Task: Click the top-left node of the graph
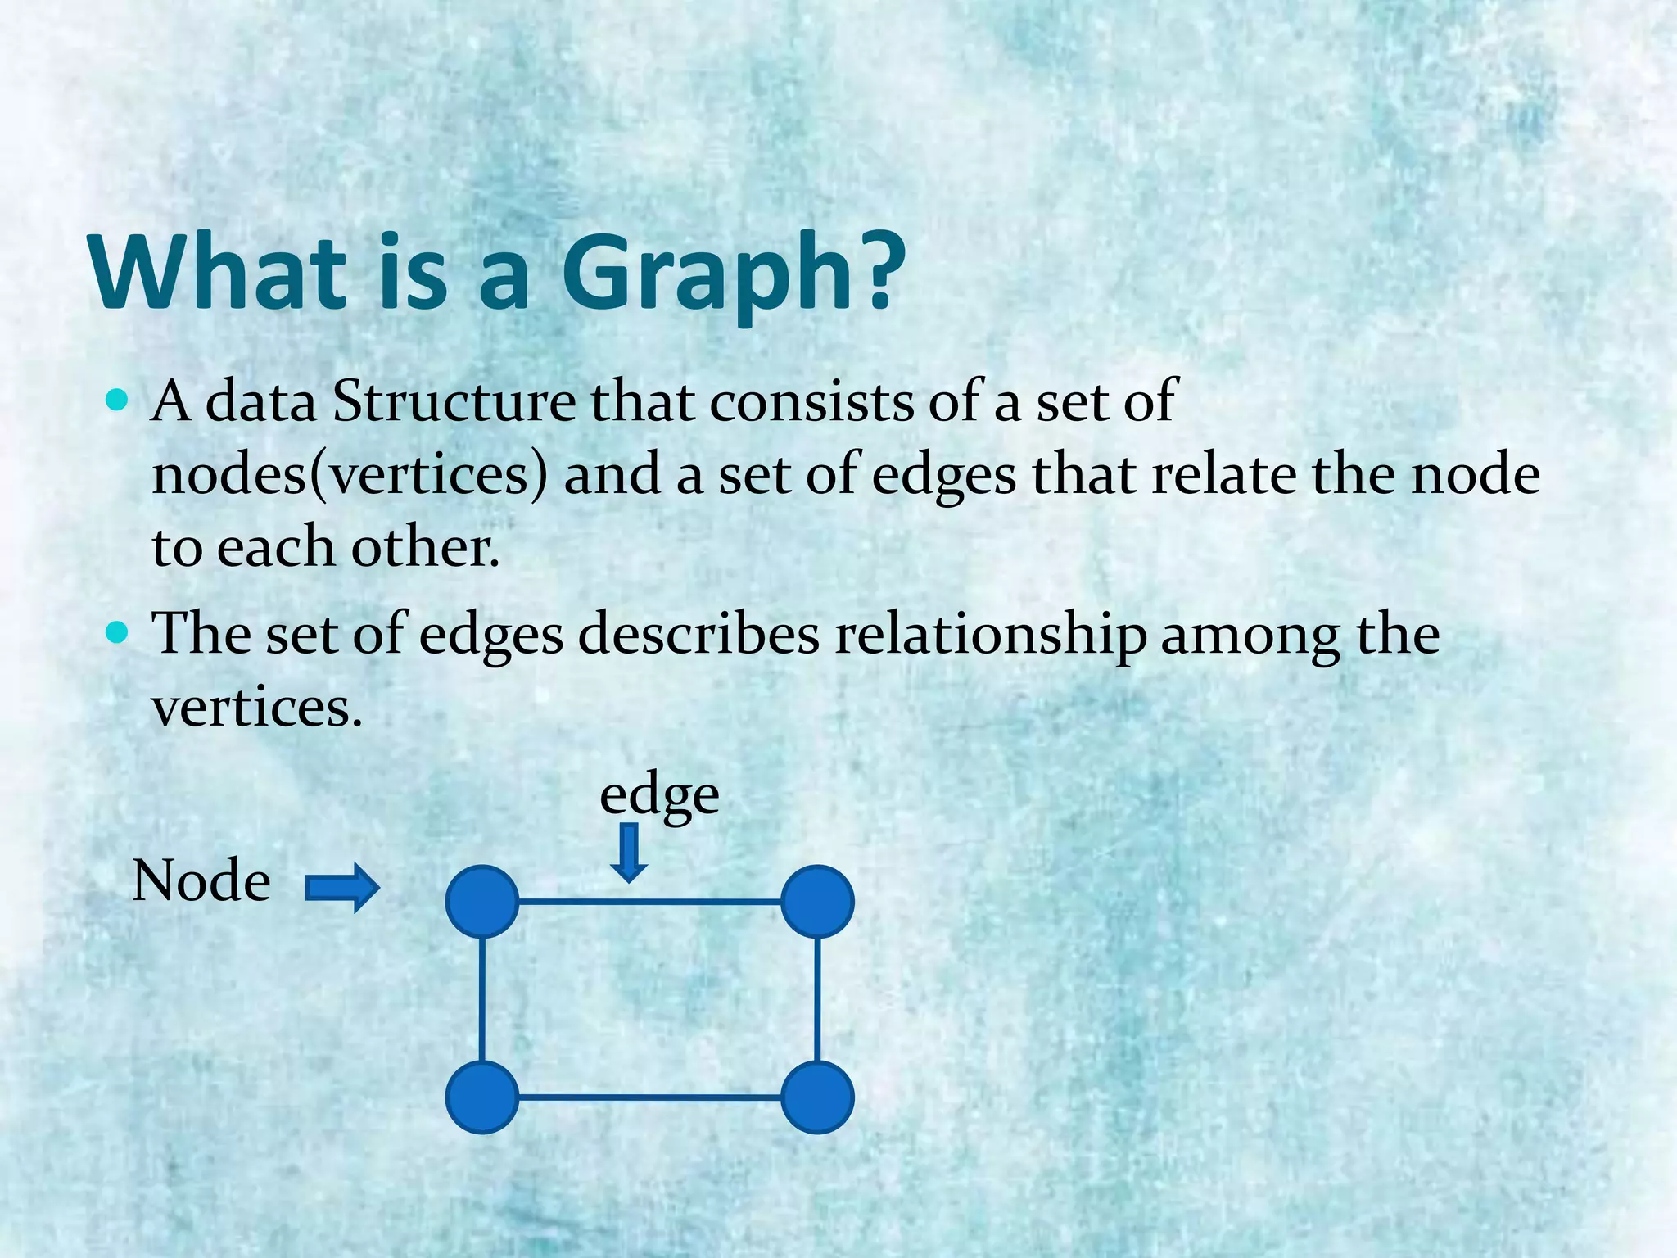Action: pos(482,901)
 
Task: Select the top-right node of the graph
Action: pos(817,901)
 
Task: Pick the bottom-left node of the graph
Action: pos(482,1097)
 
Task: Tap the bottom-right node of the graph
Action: pos(817,1097)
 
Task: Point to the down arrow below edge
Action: pos(629,853)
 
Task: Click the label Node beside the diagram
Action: pos(201,881)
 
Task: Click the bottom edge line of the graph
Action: pos(649,1097)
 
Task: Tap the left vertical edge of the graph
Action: pos(481,999)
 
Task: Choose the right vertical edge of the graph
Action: pos(817,999)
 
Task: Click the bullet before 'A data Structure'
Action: pos(118,401)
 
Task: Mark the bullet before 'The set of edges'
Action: pos(118,633)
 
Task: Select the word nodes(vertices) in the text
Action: pos(350,475)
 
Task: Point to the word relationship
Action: pos(990,634)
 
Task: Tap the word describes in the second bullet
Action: pos(699,634)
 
